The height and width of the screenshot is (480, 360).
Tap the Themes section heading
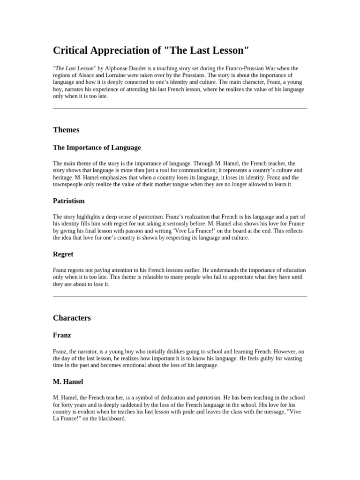(66, 130)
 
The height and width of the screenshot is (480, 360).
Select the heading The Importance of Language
(97, 148)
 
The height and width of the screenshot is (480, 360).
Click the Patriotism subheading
(69, 201)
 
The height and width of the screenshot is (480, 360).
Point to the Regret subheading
(63, 255)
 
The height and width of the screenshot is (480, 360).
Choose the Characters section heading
(72, 318)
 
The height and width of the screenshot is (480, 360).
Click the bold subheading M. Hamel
(68, 382)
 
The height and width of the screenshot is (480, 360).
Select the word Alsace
(87, 75)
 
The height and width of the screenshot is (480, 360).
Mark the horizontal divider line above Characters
(180, 296)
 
